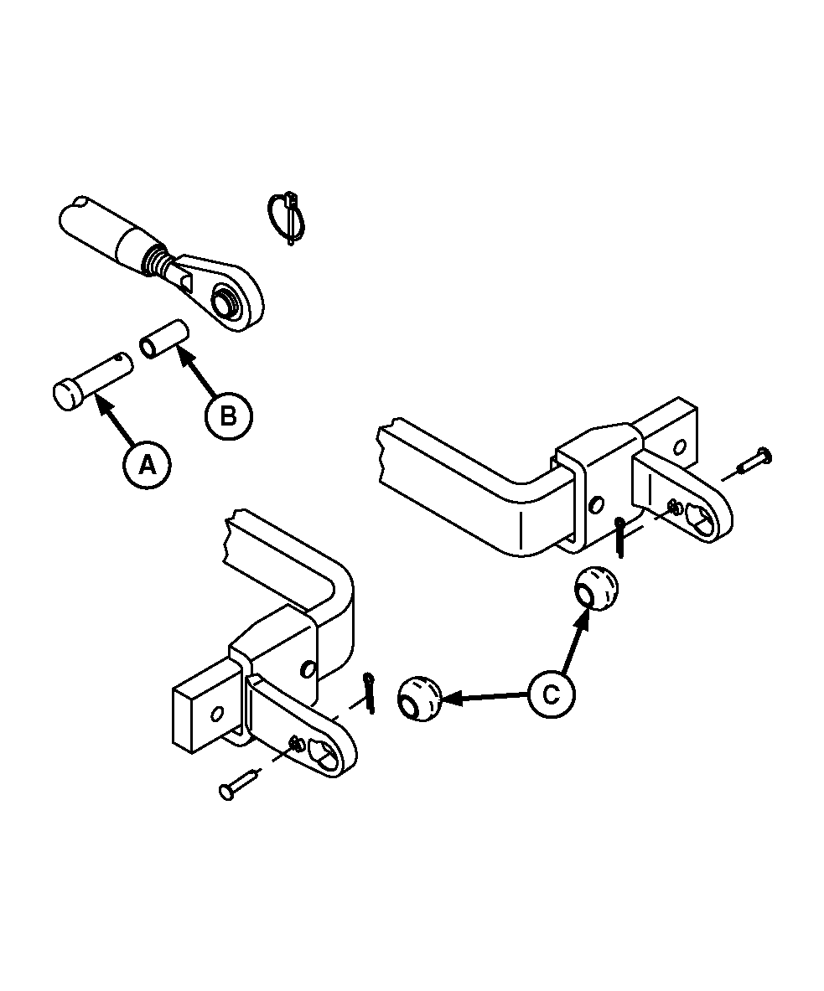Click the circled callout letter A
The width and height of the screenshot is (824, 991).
pyautogui.click(x=147, y=466)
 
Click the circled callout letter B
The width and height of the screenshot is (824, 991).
pyautogui.click(x=228, y=415)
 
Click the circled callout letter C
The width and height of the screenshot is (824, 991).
pyautogui.click(x=552, y=694)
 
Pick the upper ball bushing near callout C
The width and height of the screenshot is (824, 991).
pyautogui.click(x=596, y=589)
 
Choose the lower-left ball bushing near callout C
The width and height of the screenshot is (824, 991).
pyautogui.click(x=418, y=698)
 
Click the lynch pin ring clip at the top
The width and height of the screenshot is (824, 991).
pyautogui.click(x=288, y=217)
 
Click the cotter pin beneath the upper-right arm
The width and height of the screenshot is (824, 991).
pyautogui.click(x=620, y=537)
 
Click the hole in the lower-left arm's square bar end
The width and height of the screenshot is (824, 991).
pyautogui.click(x=216, y=714)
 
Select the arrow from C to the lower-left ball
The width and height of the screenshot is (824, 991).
pyautogui.click(x=486, y=696)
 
